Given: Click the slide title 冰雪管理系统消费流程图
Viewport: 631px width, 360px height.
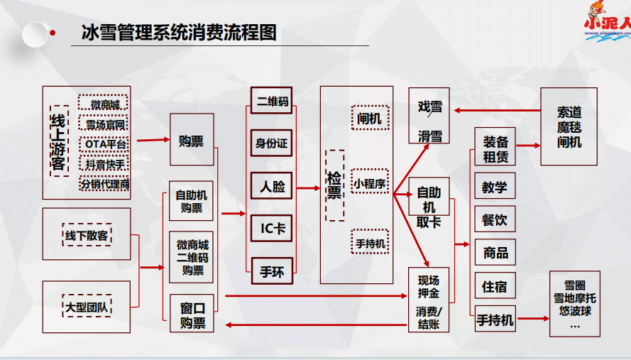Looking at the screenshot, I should (179, 33).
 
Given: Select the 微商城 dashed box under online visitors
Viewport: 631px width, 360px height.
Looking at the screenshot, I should (104, 105).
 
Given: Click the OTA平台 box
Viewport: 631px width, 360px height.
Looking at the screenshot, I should (104, 144).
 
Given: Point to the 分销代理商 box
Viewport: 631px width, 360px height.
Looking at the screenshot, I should (104, 185).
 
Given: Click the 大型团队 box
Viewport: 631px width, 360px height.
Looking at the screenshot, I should (87, 308).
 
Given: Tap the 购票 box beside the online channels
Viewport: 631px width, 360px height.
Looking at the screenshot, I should (191, 140).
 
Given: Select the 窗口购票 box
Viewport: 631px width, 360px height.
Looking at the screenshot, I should (192, 315).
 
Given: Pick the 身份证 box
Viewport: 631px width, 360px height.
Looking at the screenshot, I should (271, 143).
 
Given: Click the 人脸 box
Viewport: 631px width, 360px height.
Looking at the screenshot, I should (271, 186).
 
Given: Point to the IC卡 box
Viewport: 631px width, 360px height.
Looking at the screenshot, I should (271, 228).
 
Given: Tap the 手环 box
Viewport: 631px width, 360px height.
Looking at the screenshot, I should (271, 271).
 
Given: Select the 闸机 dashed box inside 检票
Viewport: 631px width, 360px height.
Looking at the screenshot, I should (369, 119).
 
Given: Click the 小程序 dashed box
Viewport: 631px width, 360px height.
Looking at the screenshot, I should (369, 183).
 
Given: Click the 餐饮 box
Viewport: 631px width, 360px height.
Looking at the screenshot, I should (495, 219).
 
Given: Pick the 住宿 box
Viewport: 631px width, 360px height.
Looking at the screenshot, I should (495, 287).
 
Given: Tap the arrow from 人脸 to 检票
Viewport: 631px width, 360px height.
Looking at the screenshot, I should (307, 188).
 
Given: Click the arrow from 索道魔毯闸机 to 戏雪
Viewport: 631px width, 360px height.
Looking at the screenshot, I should (497, 110).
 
